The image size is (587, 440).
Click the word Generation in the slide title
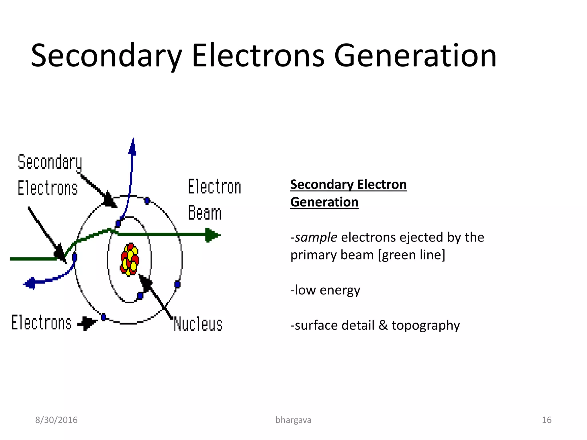click(415, 56)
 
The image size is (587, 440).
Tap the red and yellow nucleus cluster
click(130, 260)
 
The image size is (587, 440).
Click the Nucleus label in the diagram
click(198, 324)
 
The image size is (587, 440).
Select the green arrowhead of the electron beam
click(212, 235)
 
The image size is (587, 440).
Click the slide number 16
click(546, 420)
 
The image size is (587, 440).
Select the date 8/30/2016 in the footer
click(56, 420)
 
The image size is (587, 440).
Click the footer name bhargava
click(293, 420)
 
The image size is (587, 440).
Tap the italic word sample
click(316, 237)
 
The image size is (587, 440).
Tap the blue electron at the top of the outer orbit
click(147, 201)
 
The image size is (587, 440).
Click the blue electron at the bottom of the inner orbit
click(140, 296)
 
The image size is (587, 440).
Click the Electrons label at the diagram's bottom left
click(42, 323)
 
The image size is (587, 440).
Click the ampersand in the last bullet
click(383, 325)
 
